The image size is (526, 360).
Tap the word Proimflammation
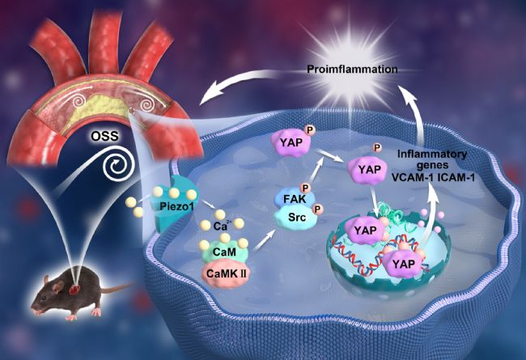click(x=352, y=70)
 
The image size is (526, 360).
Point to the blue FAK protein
click(x=295, y=199)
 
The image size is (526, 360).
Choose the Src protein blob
click(x=296, y=218)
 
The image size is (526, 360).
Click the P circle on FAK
click(x=306, y=188)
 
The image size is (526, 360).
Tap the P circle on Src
click(x=317, y=210)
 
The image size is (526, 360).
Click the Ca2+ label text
click(x=223, y=226)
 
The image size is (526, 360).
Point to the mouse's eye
click(x=45, y=298)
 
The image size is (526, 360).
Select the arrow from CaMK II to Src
click(x=264, y=240)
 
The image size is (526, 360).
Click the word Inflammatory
click(x=432, y=155)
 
